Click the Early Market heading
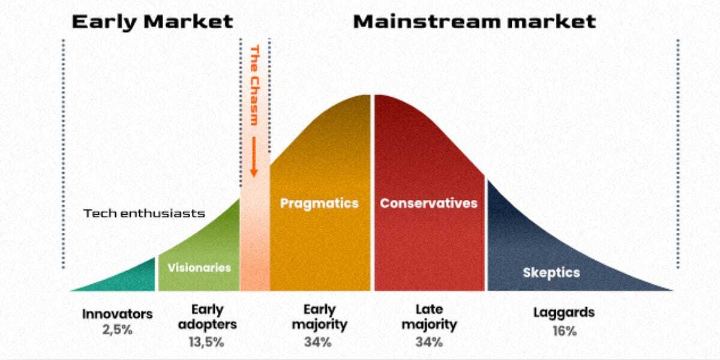point(152,22)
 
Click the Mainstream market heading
point(475,22)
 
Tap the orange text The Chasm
point(254,85)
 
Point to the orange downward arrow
point(254,157)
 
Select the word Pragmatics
point(319,203)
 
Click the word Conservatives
point(428,203)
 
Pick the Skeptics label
point(551,273)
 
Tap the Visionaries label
point(199,268)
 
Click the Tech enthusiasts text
point(144,214)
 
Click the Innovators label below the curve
point(118,314)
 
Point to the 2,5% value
point(118,330)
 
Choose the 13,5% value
point(206,343)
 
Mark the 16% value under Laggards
point(565,331)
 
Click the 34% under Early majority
point(318,343)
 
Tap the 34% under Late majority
point(429,343)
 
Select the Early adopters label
point(208,317)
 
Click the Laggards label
point(564,313)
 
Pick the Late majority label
point(429,317)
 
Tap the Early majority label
point(319,317)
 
